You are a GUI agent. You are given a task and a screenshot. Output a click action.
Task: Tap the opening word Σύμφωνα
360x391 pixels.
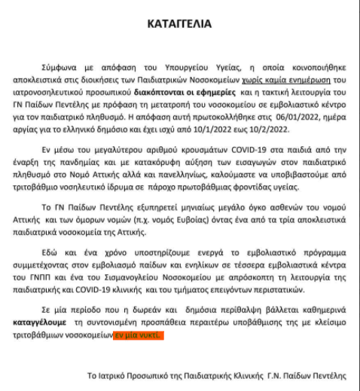point(61,68)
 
